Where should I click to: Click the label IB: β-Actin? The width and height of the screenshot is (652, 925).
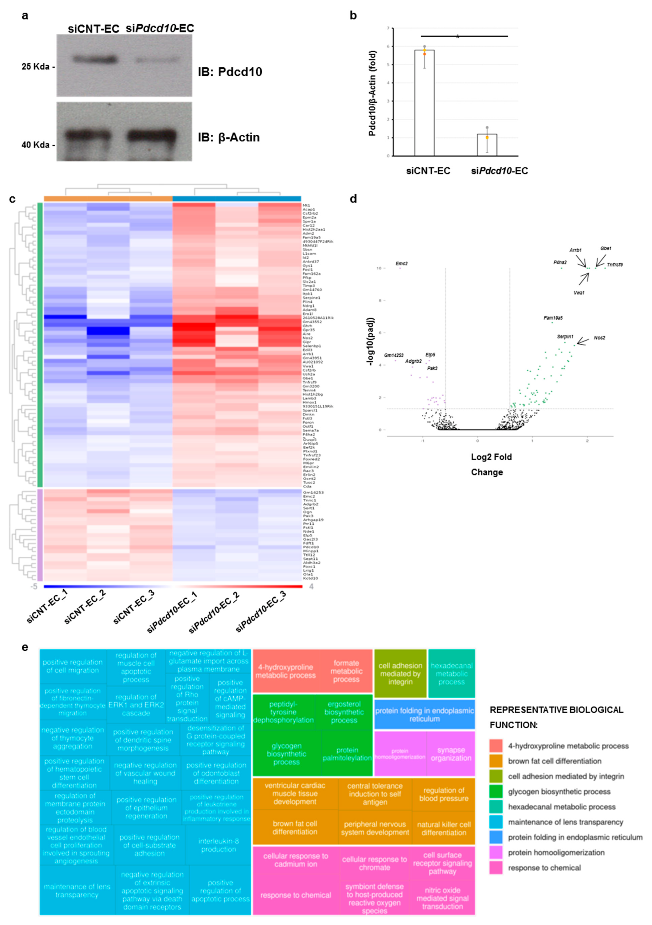[228, 137]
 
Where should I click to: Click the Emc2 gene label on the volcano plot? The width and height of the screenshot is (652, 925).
[401, 263]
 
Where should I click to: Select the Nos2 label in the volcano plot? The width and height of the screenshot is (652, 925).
[599, 338]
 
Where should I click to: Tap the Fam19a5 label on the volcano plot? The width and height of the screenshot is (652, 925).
[553, 318]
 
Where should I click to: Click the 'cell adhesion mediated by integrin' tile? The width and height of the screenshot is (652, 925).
[400, 674]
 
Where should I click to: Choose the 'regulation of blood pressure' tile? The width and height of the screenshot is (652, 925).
[443, 794]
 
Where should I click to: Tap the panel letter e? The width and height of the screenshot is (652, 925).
[25, 647]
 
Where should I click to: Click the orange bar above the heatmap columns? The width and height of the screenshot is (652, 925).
[108, 198]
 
